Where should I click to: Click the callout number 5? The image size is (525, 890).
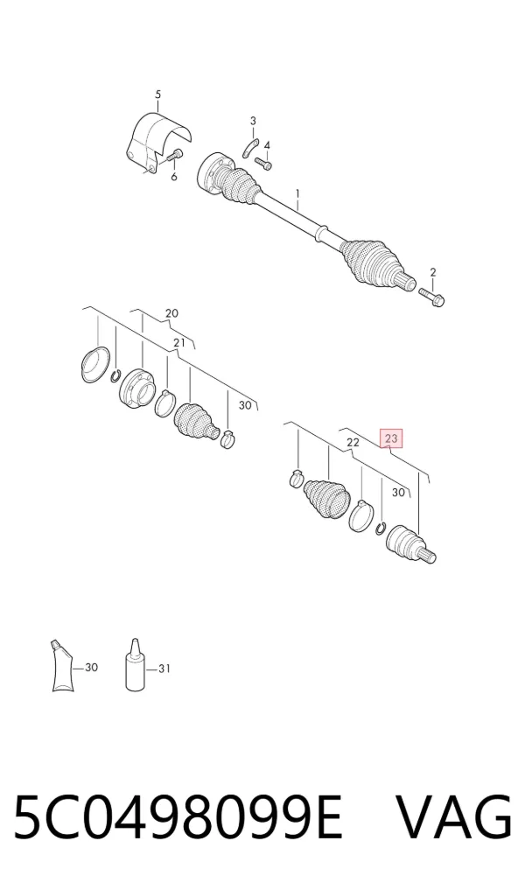(157, 95)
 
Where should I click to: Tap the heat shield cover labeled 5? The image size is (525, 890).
(157, 142)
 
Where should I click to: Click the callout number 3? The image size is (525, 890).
(253, 121)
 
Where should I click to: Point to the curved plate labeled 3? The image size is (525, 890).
(250, 149)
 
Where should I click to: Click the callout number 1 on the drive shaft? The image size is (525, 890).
(297, 196)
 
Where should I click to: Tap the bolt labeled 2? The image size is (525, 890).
(432, 297)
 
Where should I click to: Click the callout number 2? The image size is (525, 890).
(432, 272)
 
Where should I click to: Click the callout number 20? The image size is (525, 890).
(171, 313)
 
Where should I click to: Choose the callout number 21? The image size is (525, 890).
(179, 343)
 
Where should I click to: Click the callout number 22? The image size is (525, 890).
(353, 442)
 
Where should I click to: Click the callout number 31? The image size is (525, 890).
(164, 669)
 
